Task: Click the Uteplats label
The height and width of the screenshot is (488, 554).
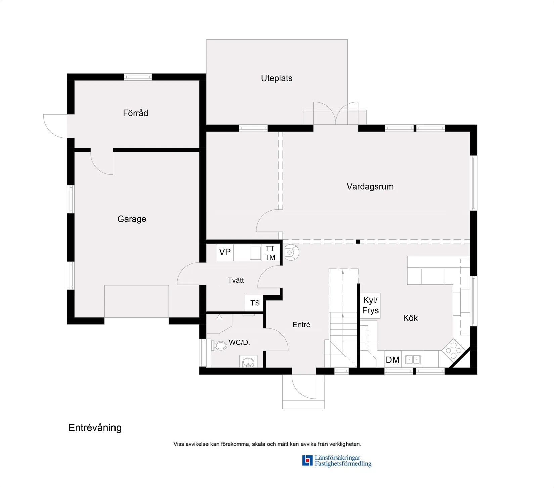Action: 276,78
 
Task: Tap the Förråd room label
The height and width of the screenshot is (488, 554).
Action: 135,113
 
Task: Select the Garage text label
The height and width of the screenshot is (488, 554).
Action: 132,219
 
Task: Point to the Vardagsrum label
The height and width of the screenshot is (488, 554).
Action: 370,187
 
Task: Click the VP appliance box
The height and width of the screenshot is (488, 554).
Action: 225,252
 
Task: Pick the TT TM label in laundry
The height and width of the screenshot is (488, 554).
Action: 270,253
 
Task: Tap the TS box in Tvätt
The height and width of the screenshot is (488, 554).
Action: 255,303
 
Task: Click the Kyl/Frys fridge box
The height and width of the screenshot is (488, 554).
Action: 370,305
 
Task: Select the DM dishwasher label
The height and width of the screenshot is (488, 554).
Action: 393,360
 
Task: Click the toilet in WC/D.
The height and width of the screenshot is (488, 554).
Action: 220,345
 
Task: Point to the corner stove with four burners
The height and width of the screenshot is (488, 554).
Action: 453,350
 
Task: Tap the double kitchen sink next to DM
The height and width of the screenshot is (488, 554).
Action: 413,360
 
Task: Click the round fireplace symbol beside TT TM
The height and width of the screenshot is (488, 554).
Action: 290,252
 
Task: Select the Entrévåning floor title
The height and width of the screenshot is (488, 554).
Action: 95,428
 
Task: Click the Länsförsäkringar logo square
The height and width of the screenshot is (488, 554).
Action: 307,460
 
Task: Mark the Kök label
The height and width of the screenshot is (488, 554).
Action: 410,318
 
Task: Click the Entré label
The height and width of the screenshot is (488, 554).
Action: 301,325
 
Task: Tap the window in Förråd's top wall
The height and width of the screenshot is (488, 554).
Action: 138,77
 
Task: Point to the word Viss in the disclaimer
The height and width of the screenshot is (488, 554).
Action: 178,444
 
